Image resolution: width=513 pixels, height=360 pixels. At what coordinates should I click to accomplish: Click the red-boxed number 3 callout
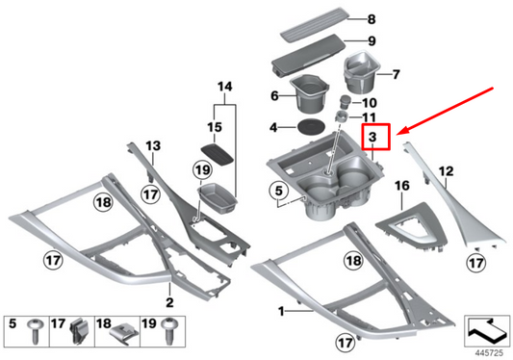click(375, 137)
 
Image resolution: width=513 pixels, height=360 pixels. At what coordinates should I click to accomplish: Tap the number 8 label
click(372, 19)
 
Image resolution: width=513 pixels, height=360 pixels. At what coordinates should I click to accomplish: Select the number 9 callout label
click(372, 40)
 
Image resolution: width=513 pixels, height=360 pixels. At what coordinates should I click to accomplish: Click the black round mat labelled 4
click(311, 127)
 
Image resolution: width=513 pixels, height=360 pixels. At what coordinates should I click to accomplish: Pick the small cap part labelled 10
click(346, 101)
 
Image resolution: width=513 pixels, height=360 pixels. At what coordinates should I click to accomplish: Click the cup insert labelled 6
click(309, 92)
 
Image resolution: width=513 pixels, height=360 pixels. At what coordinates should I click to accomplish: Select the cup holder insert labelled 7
click(361, 71)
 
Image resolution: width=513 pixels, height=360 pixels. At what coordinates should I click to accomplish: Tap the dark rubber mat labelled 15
click(217, 153)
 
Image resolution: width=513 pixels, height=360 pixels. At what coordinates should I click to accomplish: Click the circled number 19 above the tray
click(202, 170)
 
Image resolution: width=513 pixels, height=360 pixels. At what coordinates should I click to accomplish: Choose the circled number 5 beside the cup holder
click(278, 191)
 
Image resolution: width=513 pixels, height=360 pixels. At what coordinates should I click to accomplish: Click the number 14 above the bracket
click(225, 87)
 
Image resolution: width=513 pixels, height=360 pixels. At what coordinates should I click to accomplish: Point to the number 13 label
click(153, 145)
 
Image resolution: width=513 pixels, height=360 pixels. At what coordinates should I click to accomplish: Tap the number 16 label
click(402, 186)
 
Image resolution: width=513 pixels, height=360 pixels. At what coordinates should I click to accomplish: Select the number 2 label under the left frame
click(169, 302)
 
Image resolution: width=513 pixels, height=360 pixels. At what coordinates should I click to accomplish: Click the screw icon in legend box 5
click(36, 330)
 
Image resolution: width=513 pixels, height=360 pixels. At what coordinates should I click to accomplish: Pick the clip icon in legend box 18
click(123, 333)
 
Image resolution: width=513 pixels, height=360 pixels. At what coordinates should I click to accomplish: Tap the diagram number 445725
click(490, 353)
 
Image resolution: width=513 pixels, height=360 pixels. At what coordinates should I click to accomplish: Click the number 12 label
click(447, 171)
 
